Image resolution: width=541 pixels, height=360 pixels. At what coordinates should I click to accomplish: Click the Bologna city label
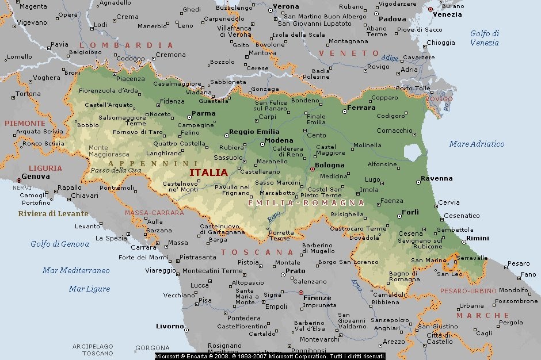point(329,165)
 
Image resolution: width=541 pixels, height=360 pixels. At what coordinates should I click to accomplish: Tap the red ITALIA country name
point(208,172)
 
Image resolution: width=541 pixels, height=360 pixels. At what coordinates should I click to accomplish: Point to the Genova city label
point(36,177)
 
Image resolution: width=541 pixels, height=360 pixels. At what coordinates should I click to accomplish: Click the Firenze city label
point(317,298)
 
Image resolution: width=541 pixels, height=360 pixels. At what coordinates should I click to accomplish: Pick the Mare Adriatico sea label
point(477,144)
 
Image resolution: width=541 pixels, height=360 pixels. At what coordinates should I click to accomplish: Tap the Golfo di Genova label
point(60,244)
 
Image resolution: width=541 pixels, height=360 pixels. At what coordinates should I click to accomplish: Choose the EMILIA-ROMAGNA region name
point(306,203)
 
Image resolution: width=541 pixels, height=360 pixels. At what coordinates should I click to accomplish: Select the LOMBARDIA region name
point(126,45)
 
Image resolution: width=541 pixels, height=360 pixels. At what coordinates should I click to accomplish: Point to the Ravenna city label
point(437,178)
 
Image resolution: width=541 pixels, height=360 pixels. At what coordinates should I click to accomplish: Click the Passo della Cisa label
point(115,170)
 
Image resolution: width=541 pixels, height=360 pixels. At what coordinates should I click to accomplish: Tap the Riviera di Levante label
point(53,213)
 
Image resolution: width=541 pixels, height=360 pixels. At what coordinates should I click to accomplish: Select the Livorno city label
point(170,326)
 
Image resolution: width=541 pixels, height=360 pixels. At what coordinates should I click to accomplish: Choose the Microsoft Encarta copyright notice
point(270,357)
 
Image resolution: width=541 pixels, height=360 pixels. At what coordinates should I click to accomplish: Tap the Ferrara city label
point(361,108)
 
